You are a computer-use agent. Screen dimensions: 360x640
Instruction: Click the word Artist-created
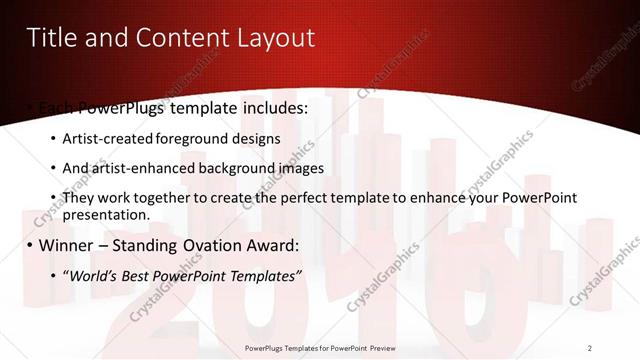tap(108, 138)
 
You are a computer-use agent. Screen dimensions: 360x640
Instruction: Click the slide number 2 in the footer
tap(590, 347)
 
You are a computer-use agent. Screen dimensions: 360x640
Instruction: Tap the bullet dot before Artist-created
tap(53, 139)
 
